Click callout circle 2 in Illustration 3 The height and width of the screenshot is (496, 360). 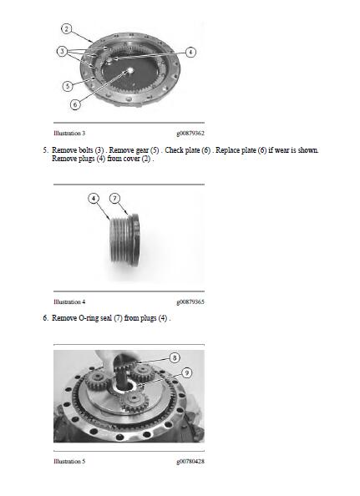[66, 28]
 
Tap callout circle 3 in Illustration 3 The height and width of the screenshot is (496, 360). [62, 51]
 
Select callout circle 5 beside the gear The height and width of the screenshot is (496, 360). [68, 86]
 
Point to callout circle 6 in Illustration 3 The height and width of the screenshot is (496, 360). [75, 104]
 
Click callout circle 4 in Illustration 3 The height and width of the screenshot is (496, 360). [190, 52]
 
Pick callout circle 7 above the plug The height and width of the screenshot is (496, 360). [114, 199]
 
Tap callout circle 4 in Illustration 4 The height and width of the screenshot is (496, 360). [94, 199]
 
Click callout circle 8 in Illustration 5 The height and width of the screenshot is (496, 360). [175, 357]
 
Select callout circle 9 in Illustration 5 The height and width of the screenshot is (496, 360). [187, 372]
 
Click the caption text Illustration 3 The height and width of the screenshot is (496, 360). [69, 133]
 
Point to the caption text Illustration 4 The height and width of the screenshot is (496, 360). [69, 301]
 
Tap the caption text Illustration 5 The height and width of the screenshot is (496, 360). [69, 461]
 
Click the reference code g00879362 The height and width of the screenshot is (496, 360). [190, 133]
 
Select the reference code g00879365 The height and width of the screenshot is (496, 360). [190, 301]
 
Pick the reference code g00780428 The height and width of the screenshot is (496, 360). [190, 461]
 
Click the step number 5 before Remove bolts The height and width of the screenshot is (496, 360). [45, 150]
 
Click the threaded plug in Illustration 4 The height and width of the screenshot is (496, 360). [124, 240]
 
